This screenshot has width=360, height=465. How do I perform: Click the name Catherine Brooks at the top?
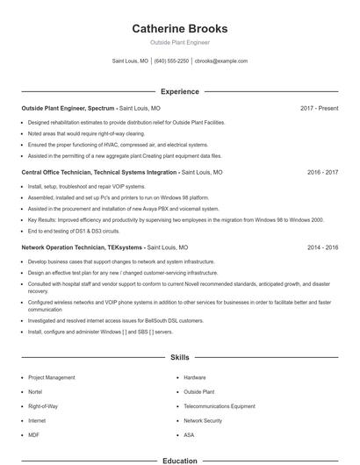(x=180, y=28)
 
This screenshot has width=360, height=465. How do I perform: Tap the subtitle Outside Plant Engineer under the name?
(x=180, y=42)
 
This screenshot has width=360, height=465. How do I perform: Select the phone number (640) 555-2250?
(x=171, y=61)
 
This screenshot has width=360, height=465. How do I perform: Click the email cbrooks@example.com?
(x=221, y=61)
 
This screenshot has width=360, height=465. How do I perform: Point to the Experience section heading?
(x=180, y=91)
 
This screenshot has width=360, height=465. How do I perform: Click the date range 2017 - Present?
(x=319, y=108)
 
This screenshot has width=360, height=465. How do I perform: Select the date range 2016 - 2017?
(x=322, y=173)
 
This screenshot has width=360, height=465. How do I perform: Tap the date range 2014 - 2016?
(x=322, y=247)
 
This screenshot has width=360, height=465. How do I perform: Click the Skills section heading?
(x=180, y=358)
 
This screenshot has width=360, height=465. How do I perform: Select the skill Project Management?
(x=52, y=377)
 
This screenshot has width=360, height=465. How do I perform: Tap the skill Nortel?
(x=35, y=392)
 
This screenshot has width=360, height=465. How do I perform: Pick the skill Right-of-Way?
(x=42, y=406)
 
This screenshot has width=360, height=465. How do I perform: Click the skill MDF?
(x=33, y=435)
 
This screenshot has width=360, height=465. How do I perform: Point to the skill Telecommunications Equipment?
(x=220, y=406)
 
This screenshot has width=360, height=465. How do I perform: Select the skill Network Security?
(x=203, y=421)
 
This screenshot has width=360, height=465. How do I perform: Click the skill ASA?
(x=189, y=435)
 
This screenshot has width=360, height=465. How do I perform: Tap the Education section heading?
(x=180, y=460)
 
